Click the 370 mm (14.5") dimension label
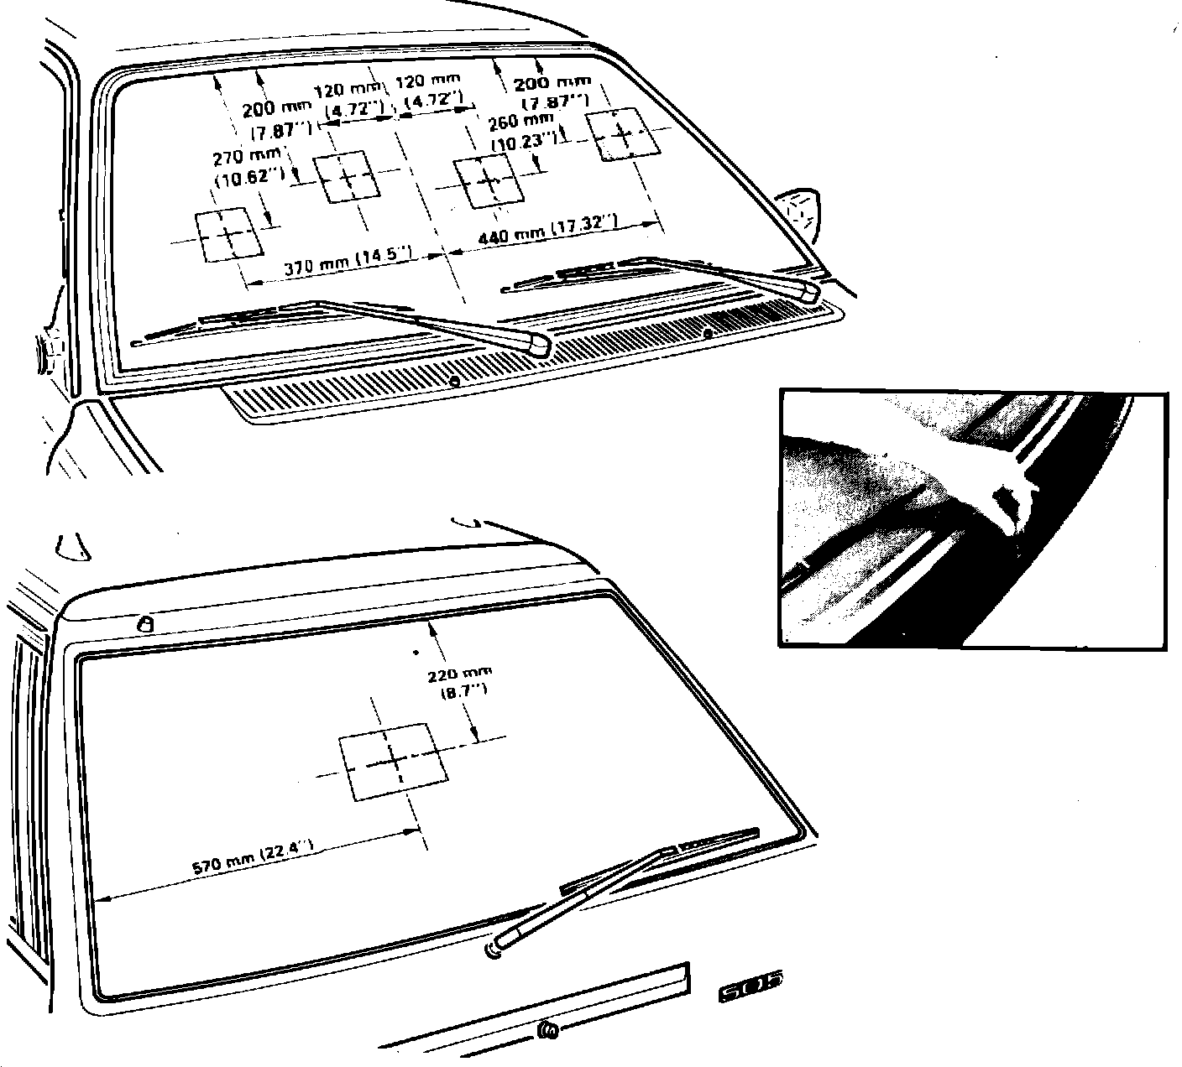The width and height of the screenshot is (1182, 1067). pyautogui.click(x=348, y=267)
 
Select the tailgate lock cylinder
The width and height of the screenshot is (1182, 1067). pyautogui.click(x=547, y=1030)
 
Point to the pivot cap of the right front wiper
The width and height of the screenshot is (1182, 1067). pyautogui.click(x=806, y=290)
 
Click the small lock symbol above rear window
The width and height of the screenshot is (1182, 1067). pyautogui.click(x=147, y=624)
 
